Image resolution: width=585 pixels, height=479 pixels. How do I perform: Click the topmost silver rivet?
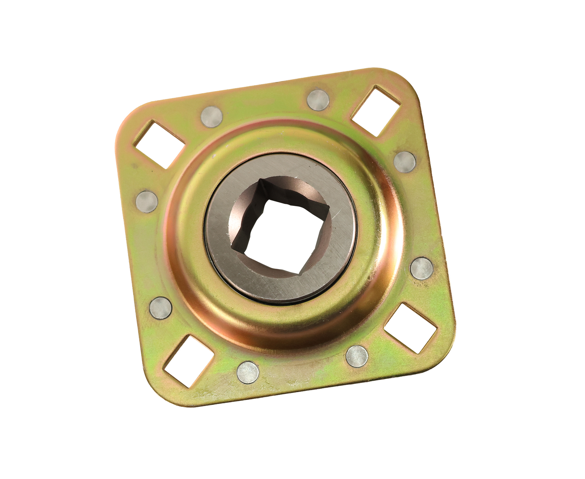click(318, 100)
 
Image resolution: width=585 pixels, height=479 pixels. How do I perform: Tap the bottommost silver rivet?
click(248, 372)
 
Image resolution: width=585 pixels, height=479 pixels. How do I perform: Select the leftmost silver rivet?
click(147, 201)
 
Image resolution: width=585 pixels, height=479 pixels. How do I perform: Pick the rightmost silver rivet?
click(421, 269)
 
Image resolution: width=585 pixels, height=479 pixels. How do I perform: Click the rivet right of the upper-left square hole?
click(211, 117)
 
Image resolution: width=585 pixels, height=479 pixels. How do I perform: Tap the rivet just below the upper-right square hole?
click(404, 162)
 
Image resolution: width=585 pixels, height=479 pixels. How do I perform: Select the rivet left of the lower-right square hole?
click(357, 356)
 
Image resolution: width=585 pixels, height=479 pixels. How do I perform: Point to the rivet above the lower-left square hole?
click(161, 307)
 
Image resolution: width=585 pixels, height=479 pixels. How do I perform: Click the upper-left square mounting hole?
click(160, 143)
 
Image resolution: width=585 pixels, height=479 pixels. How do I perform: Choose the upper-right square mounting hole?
click(375, 110)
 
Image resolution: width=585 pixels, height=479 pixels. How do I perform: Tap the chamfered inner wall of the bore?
click(243, 211)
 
